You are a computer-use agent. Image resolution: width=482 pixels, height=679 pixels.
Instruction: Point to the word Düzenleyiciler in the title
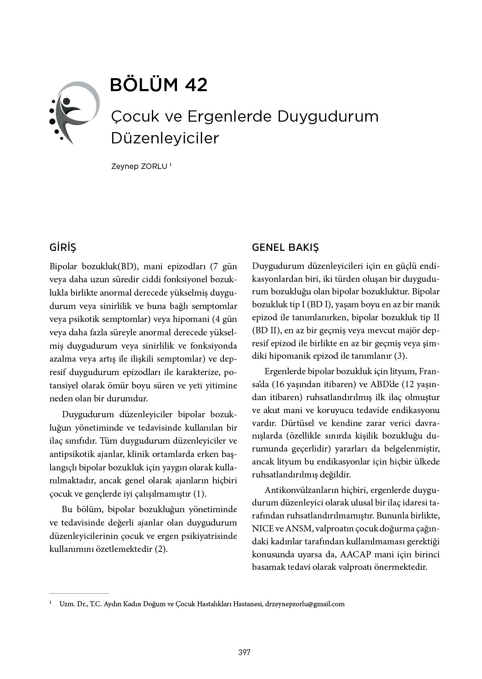tap(165, 138)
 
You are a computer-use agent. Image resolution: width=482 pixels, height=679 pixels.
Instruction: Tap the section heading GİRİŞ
tap(63, 248)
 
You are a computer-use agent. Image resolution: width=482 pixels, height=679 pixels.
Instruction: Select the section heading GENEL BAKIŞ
tap(285, 248)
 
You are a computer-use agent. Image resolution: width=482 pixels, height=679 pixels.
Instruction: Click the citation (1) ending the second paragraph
tap(199, 494)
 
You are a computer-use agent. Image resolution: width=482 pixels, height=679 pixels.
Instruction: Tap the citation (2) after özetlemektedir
tap(161, 549)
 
